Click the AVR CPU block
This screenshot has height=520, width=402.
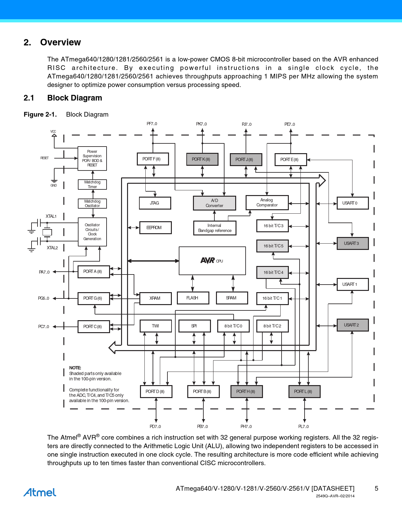tap(212, 261)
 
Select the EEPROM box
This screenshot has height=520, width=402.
tap(155, 228)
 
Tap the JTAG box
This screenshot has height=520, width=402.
tap(155, 203)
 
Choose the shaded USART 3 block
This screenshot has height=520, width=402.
tap(352, 243)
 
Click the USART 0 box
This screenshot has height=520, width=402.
tap(352, 203)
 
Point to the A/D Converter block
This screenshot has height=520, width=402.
tap(214, 203)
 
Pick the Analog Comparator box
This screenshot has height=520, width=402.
tap(267, 202)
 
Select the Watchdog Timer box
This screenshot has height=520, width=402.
tap(92, 184)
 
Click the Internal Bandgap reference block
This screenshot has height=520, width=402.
tap(215, 228)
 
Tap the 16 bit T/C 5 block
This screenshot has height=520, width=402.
tap(273, 246)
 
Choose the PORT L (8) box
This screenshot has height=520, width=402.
tap(304, 391)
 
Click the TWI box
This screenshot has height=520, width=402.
tap(155, 326)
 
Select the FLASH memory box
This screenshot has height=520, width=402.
tap(193, 298)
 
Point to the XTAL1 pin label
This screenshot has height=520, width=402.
tap(51, 216)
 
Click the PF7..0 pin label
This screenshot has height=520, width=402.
tap(152, 124)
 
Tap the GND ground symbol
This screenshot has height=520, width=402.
tap(54, 182)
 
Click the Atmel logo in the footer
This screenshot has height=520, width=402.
tap(40, 492)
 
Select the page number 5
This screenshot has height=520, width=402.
tap(376, 488)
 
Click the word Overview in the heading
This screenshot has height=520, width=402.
tap(61, 42)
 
